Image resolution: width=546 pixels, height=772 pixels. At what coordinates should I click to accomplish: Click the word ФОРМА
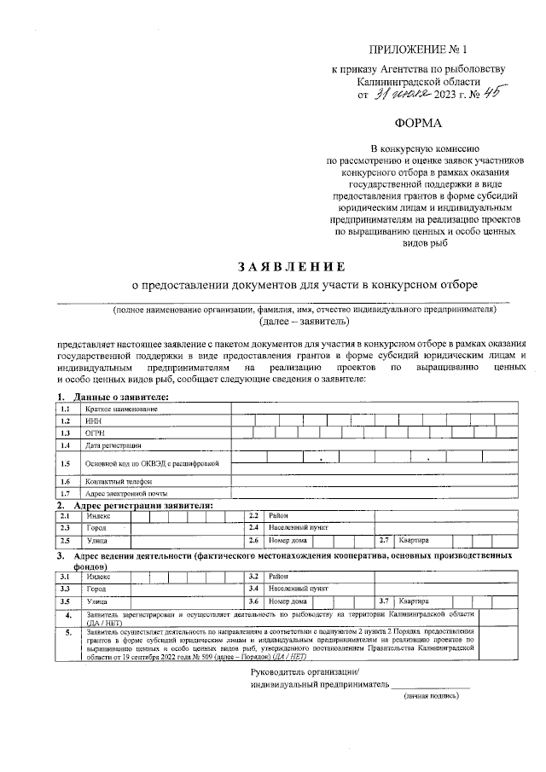[418, 125]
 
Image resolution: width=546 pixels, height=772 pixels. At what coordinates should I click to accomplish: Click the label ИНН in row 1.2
[93, 421]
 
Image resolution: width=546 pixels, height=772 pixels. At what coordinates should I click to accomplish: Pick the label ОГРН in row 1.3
[95, 433]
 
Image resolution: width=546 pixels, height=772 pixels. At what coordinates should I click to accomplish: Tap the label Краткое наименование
[121, 409]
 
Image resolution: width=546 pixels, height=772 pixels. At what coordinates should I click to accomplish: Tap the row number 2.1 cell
[65, 516]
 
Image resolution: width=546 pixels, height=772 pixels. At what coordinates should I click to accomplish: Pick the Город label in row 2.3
[96, 529]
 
